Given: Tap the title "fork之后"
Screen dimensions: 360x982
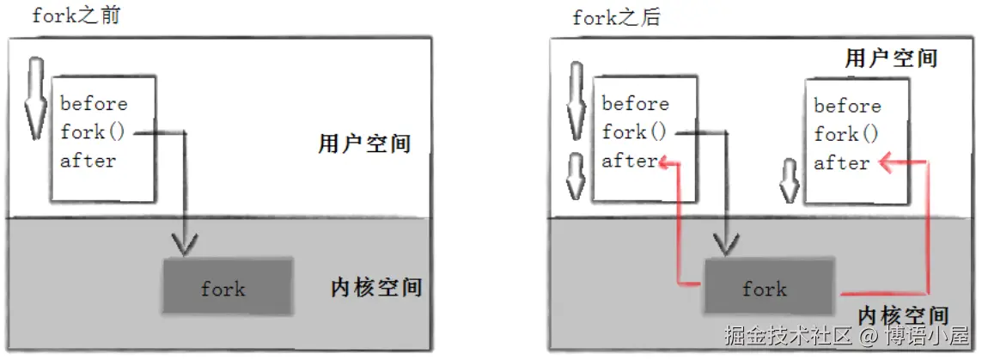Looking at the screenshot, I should click(x=616, y=17).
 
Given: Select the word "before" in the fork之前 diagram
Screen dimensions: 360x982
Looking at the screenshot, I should click(x=94, y=104).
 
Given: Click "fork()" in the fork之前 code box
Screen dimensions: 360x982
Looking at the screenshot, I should click(x=95, y=132).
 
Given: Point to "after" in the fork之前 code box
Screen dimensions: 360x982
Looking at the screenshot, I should click(x=88, y=161).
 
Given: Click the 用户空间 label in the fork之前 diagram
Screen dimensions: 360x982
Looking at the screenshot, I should click(x=363, y=143).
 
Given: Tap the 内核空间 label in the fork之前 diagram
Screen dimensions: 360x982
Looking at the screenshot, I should click(x=376, y=286).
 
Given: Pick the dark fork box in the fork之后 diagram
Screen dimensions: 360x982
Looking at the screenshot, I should click(x=767, y=287).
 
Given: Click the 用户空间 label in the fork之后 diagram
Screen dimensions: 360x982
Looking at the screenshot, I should click(x=891, y=58).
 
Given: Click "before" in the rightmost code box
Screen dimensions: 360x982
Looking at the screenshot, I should click(x=847, y=107).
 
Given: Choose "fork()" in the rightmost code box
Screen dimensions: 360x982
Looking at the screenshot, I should click(x=846, y=135).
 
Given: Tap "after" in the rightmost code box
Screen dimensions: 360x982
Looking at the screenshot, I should click(x=841, y=163).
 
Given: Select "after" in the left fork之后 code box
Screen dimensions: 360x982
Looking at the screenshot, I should click(x=628, y=161).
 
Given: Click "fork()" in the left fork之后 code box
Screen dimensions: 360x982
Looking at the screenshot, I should click(x=634, y=132).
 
